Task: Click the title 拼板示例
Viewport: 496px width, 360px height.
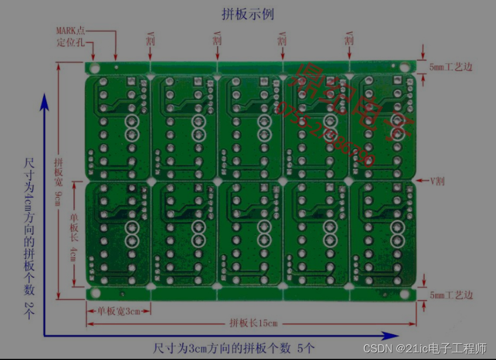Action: point(247,13)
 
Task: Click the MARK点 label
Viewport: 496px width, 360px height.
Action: point(71,30)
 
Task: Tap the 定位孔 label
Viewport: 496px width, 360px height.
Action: point(70,42)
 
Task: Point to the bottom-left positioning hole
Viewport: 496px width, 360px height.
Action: point(95,293)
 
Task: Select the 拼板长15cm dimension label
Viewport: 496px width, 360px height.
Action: point(253,323)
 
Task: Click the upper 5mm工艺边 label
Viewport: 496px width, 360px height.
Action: point(451,67)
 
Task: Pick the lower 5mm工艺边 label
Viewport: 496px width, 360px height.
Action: point(451,295)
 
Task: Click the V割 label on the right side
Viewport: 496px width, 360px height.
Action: point(437,181)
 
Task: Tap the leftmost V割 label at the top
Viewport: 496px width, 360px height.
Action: point(150,40)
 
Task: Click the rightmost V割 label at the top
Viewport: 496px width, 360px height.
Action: point(349,40)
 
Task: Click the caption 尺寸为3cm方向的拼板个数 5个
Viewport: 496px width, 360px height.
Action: point(234,348)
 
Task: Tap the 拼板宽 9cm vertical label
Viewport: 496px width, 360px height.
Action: point(58,181)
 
